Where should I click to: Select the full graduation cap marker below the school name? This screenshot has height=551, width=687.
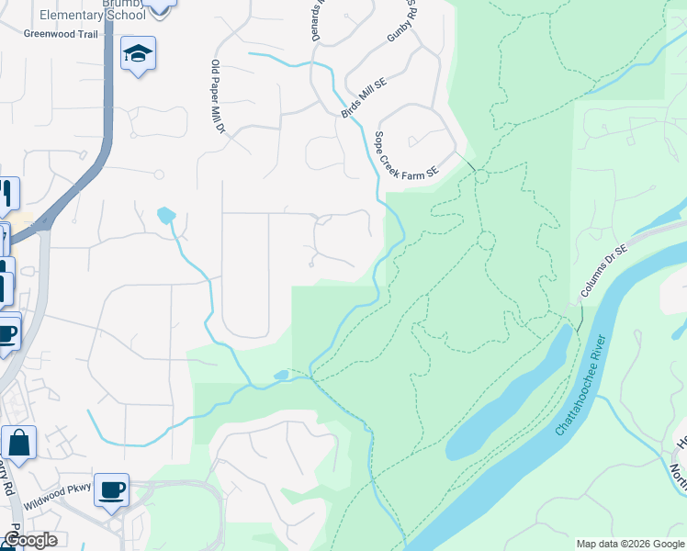[138, 55]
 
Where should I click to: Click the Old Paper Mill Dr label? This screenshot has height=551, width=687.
[218, 96]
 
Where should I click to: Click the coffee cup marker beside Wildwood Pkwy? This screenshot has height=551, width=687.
[111, 490]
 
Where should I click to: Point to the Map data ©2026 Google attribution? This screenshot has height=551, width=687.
[629, 544]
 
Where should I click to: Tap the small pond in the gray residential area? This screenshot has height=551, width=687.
[165, 216]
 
